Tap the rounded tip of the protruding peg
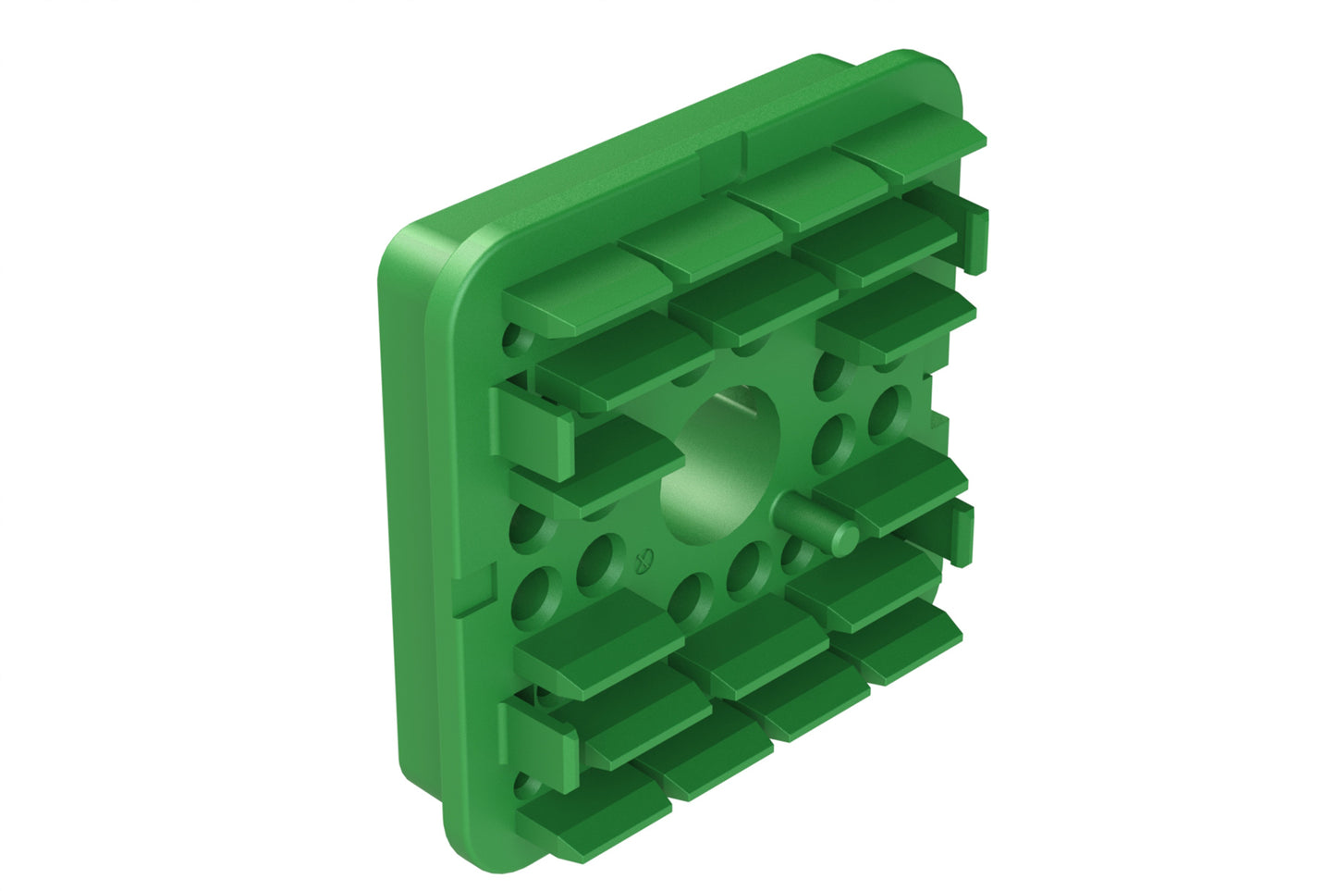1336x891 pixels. pyautogui.click(x=844, y=537)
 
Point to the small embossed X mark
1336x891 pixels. pyautogui.click(x=646, y=559)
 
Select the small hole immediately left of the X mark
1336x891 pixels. pyautogui.click(x=596, y=562)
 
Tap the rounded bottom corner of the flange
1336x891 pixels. pyautogui.click(x=472, y=847)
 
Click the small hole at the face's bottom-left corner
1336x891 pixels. pyautogui.click(x=527, y=788)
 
